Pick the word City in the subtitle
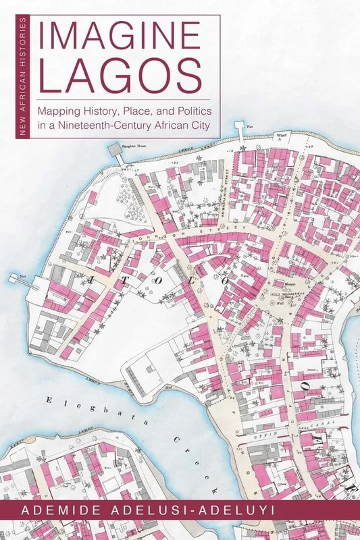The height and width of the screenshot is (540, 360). point(198,125)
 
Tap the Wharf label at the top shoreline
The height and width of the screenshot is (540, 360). point(283,135)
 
